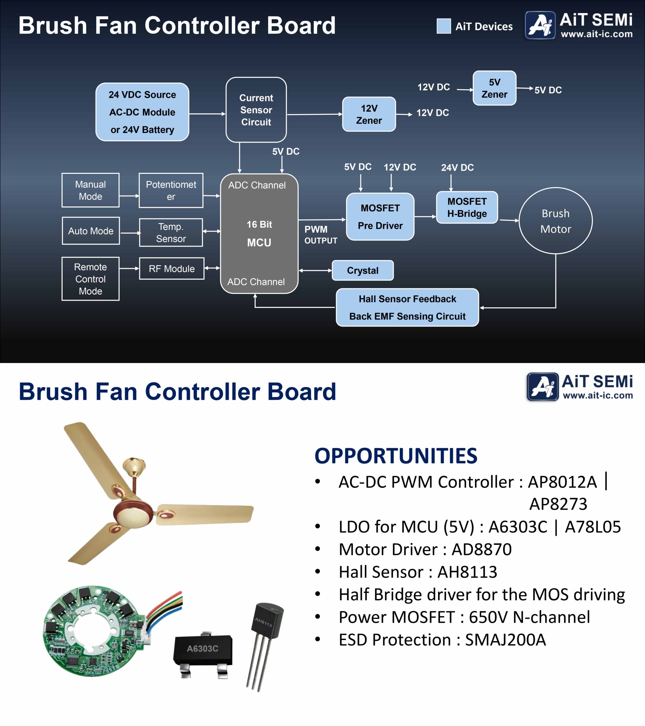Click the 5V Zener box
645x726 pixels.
tap(494, 88)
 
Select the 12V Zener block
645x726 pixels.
tap(369, 114)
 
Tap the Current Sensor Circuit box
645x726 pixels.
tap(256, 110)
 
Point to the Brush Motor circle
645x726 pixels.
tap(555, 221)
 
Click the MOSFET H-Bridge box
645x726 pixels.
tap(467, 207)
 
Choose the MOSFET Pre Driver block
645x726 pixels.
tap(380, 217)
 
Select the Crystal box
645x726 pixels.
tap(362, 270)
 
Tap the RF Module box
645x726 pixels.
tap(171, 269)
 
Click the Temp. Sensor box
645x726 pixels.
tap(171, 232)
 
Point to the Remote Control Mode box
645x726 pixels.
tap(90, 279)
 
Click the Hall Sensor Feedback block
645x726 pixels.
tap(407, 307)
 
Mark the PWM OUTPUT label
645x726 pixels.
tap(321, 235)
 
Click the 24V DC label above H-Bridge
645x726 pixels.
tap(457, 168)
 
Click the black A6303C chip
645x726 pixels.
tap(203, 649)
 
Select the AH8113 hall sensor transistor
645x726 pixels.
tap(266, 629)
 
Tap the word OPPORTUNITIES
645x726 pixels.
tap(396, 456)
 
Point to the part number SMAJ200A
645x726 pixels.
tap(506, 640)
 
